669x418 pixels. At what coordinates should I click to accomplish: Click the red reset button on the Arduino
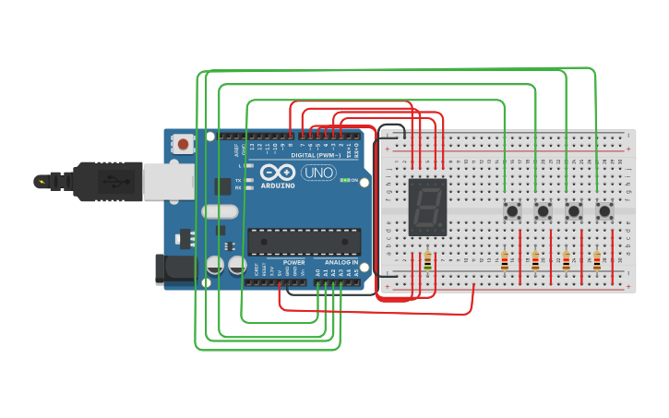point(185,144)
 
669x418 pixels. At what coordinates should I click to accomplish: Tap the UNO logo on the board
point(318,173)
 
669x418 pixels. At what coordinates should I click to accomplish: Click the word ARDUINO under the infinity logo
point(278,185)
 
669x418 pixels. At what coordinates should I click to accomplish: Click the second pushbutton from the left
point(543,211)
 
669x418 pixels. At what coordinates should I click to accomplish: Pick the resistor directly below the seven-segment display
point(427,263)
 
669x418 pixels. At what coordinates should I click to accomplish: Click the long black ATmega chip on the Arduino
point(304,242)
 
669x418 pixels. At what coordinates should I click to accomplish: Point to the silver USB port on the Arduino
point(166,181)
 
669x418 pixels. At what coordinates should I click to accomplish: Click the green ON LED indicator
point(343,180)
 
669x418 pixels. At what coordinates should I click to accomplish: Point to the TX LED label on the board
point(238,179)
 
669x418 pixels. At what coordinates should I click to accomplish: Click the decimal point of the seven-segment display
point(442,226)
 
